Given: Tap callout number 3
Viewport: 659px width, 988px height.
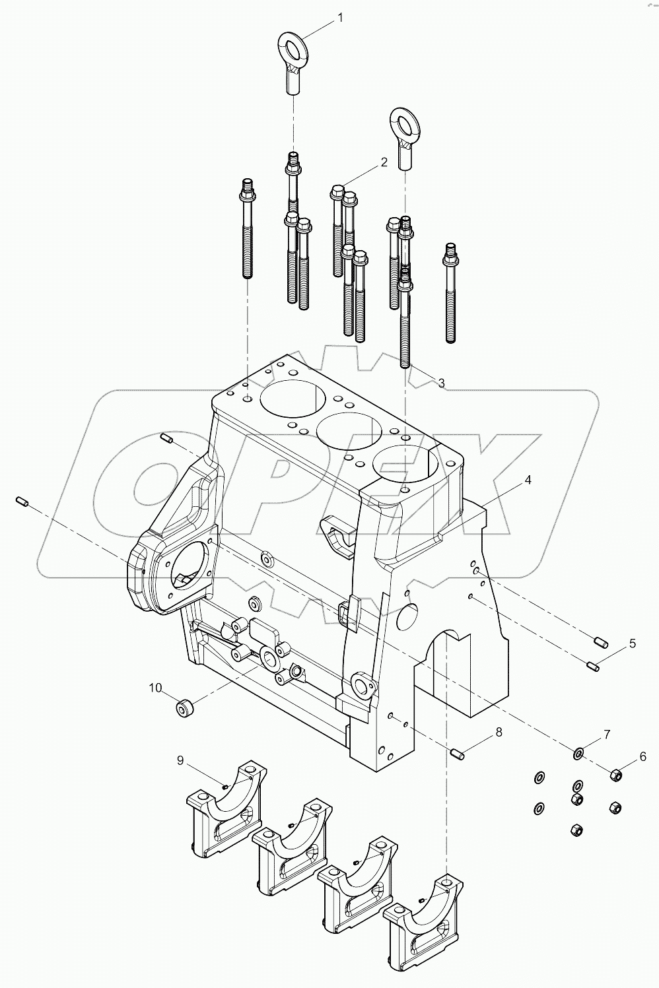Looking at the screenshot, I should [441, 383].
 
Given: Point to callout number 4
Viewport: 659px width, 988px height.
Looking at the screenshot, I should [528, 480].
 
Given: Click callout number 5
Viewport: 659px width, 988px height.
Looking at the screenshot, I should [632, 643].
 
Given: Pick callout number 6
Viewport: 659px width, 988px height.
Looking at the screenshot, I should [642, 758].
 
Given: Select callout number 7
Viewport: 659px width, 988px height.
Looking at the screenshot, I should [606, 734].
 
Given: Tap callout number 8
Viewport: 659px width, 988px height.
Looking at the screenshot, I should [499, 732].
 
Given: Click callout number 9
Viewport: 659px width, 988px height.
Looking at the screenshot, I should [180, 760].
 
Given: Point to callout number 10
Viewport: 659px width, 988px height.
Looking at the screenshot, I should [155, 688].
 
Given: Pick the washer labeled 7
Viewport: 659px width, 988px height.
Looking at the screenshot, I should [578, 752].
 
